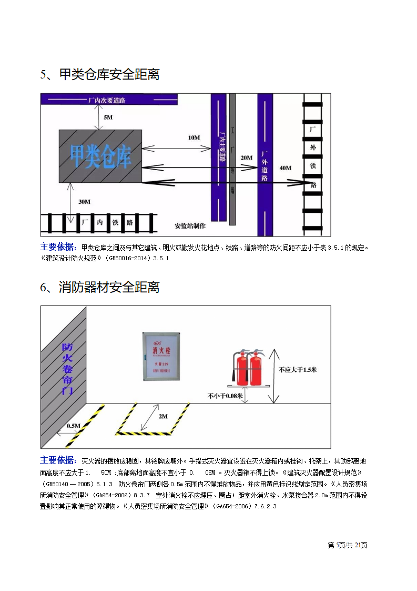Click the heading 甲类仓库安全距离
[x=100, y=74]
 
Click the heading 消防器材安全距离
[x=100, y=287]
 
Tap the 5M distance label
[x=108, y=117]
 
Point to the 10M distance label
[x=194, y=137]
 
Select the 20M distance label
[x=246, y=157]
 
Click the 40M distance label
[x=285, y=168]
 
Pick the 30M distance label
[x=84, y=201]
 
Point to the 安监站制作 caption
[x=190, y=226]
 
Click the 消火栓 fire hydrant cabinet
[x=161, y=356]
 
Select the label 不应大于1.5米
[x=298, y=369]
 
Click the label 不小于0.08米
[x=225, y=395]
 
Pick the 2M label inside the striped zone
[x=163, y=416]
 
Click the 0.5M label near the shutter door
[x=74, y=426]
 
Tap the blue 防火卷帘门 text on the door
[x=67, y=369]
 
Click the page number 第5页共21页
[x=347, y=545]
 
